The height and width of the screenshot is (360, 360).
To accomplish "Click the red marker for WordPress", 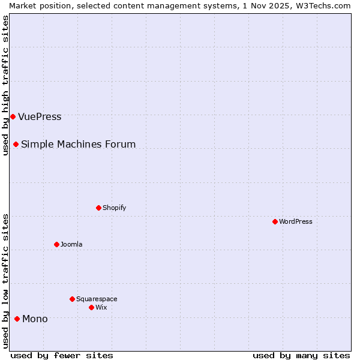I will point(275,221).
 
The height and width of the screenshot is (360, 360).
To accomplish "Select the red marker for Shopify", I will point(98,208).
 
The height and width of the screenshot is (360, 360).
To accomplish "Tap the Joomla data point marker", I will point(56,244).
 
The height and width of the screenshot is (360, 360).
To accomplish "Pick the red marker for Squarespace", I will point(72,299).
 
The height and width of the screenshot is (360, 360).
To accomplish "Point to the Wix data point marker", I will point(91,307).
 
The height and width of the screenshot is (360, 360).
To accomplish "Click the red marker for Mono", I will point(17,319).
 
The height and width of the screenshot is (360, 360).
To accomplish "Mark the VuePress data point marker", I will point(13,116).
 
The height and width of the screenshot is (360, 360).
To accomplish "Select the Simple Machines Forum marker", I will point(16,144).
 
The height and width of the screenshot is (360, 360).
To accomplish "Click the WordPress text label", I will point(296,221).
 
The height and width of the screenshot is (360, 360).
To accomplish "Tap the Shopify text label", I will point(114,208).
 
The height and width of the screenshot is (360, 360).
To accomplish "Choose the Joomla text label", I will point(71,244).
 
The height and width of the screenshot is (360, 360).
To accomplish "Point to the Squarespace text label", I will point(97,299).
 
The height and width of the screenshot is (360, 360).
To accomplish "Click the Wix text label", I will point(101,307).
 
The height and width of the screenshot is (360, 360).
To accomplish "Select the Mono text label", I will point(35,319).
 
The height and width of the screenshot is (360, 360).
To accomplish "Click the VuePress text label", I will point(40,116).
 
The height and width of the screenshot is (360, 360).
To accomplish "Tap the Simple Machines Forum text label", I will point(78,144).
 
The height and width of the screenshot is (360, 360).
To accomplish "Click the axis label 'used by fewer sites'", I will point(62,355).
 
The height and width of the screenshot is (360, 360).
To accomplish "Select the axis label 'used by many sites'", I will point(301,355).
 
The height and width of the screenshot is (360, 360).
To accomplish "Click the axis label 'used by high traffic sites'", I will point(5,85).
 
